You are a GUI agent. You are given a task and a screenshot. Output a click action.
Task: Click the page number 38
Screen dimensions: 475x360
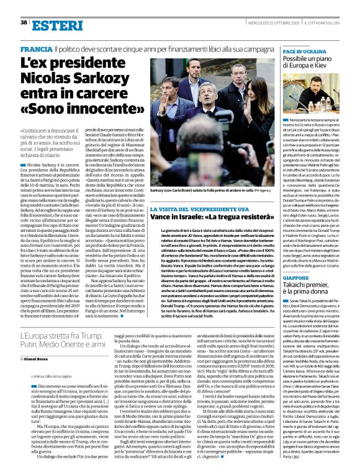coord(24,6)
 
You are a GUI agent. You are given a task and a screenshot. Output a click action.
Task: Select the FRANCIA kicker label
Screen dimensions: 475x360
coord(35,48)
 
